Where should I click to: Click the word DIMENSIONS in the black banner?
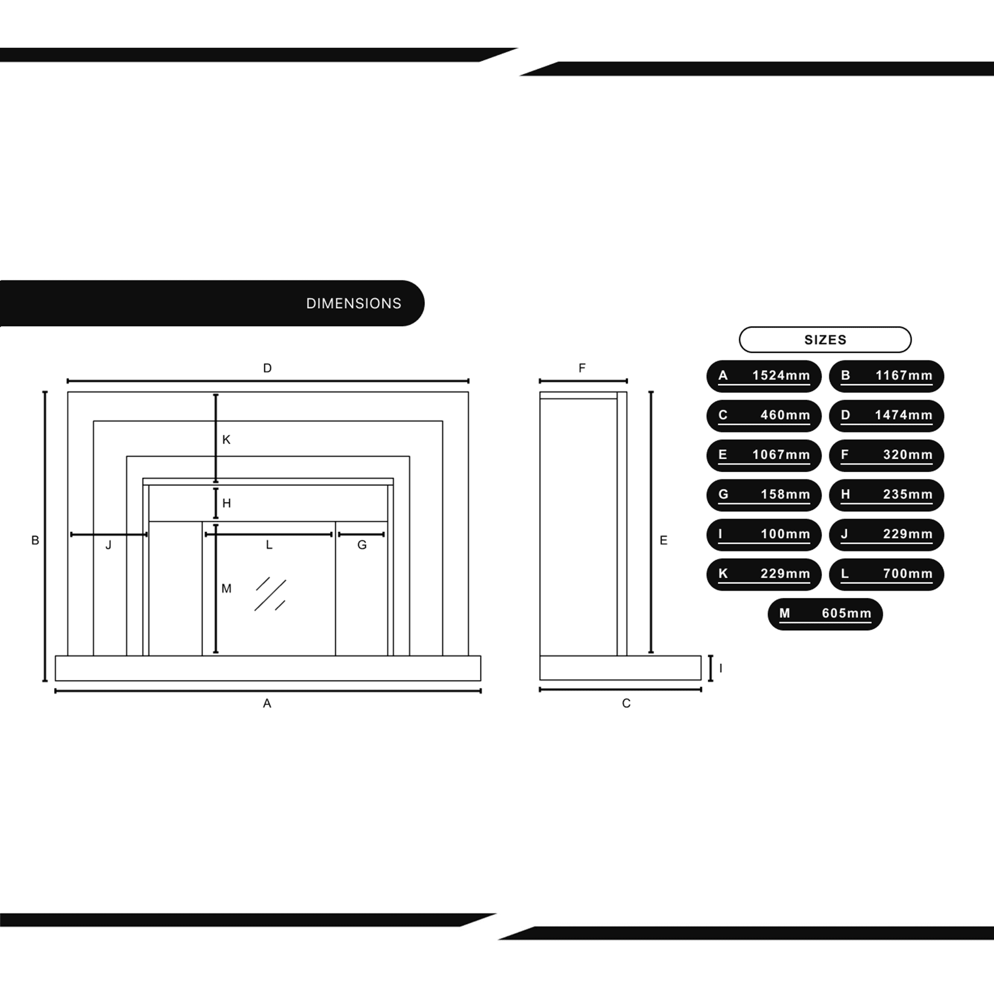(353, 304)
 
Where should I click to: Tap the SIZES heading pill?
(825, 339)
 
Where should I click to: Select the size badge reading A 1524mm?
(763, 376)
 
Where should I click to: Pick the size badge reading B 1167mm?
(887, 376)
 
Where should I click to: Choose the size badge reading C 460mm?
(763, 415)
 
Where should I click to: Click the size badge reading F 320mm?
(887, 455)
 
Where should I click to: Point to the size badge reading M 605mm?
(825, 614)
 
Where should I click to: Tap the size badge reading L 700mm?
(887, 574)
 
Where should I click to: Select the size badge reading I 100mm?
(763, 535)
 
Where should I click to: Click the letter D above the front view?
(267, 368)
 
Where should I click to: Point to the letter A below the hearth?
(267, 703)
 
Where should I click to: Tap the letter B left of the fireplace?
(35, 540)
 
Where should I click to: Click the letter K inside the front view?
(226, 440)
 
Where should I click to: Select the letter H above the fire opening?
(226, 503)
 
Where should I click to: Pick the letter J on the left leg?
(108, 545)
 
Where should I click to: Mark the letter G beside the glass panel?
(362, 545)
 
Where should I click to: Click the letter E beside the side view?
(663, 540)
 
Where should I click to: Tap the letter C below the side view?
(626, 703)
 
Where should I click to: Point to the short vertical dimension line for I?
(711, 668)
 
